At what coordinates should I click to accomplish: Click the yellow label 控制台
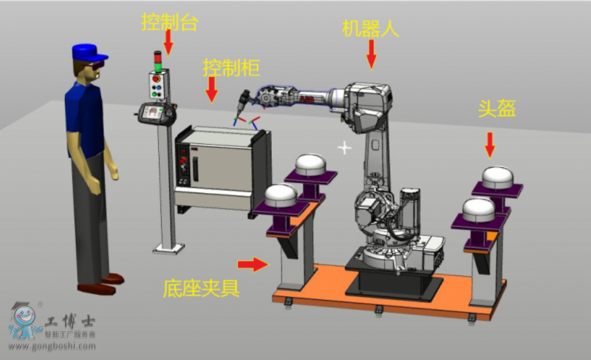click(169, 21)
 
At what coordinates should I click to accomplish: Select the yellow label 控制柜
click(231, 67)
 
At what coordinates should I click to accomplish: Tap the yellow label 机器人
click(370, 28)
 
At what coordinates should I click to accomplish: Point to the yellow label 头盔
click(496, 108)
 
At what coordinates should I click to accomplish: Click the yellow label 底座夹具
click(201, 288)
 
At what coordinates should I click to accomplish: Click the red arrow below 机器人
click(372, 54)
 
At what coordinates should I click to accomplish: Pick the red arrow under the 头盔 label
click(490, 145)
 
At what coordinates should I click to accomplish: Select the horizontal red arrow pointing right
click(253, 264)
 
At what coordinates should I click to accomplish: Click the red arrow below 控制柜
click(212, 89)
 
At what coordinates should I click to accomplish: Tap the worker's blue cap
click(89, 52)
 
